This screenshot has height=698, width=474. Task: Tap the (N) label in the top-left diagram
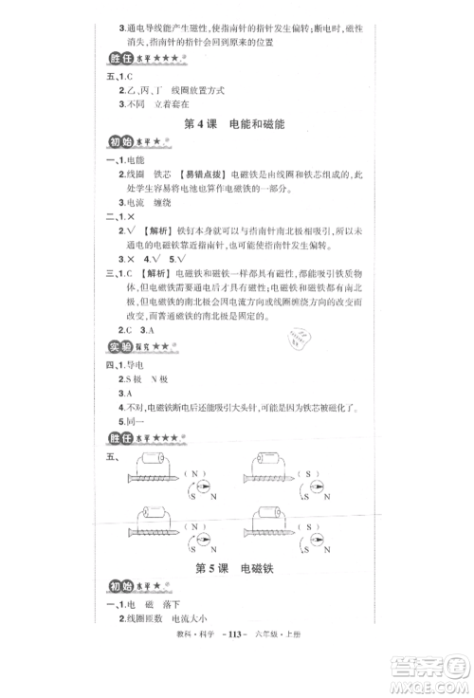tap(192, 473)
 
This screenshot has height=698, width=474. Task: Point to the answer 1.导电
tap(130, 365)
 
